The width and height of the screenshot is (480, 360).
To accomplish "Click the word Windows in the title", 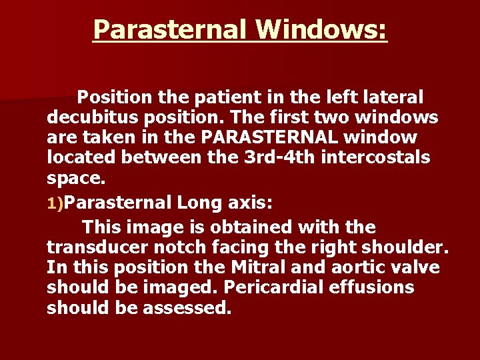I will click(x=321, y=29).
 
